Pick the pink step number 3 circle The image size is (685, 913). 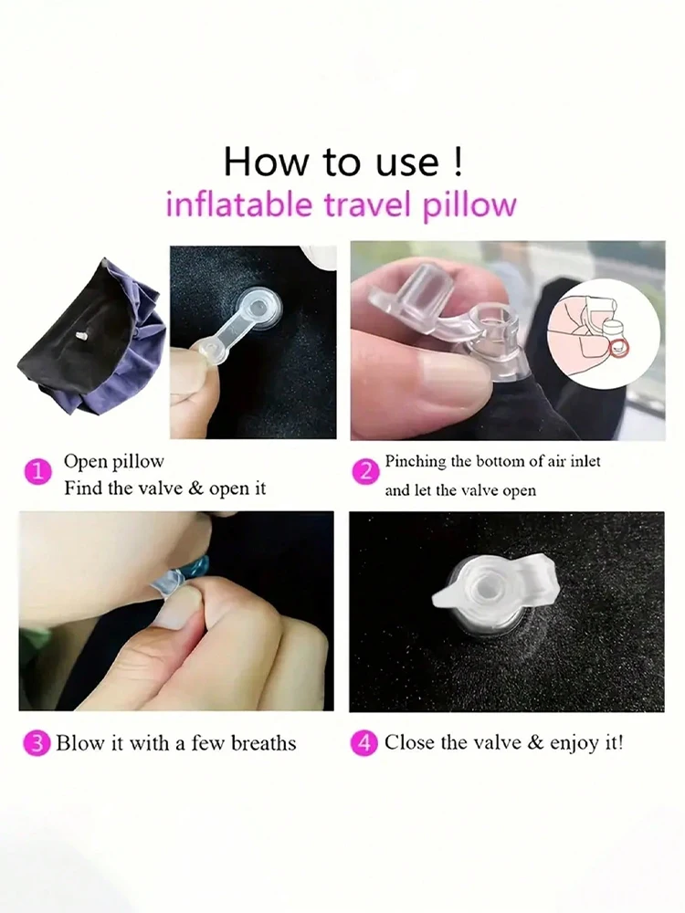[x=36, y=743]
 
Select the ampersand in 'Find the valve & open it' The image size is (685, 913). [x=195, y=488]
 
